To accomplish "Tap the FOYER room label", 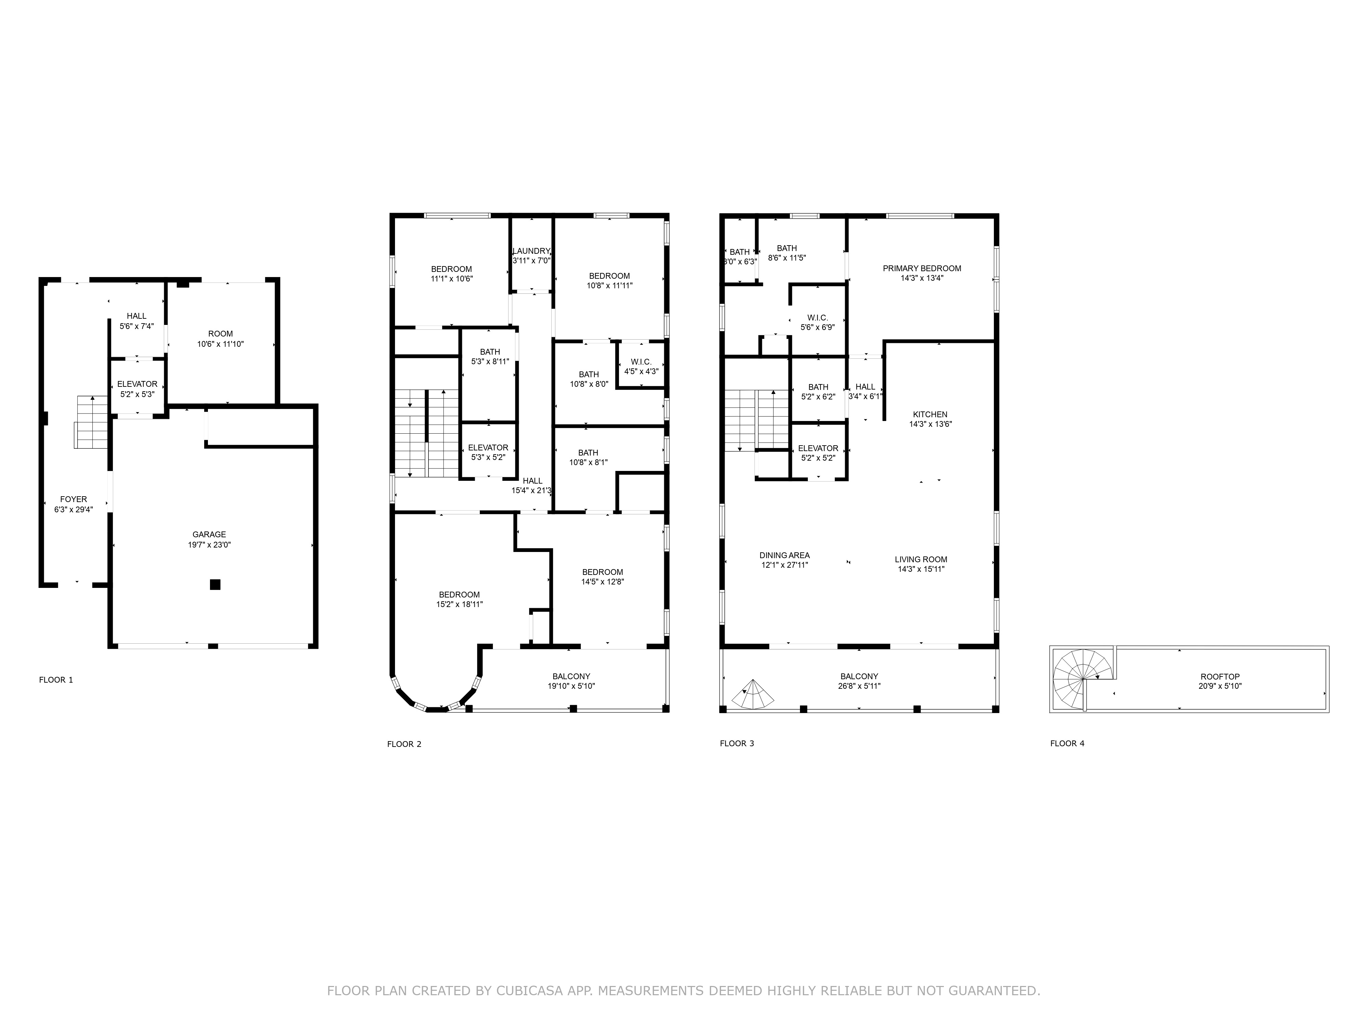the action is [74, 499].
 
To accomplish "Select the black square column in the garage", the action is [215, 584].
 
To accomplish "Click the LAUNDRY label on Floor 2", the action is [531, 251].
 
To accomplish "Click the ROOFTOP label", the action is [1220, 676].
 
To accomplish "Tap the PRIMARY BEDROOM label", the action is [922, 268].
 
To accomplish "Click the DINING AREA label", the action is [785, 555].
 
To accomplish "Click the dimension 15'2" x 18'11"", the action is [460, 604].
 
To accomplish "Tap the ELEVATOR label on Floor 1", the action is [137, 384].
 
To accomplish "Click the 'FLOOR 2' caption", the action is [405, 744].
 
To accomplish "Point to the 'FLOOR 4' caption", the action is [1067, 744].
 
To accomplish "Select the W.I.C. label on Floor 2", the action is [641, 362].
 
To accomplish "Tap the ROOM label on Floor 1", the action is [221, 334].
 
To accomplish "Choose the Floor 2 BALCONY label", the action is [571, 676].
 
